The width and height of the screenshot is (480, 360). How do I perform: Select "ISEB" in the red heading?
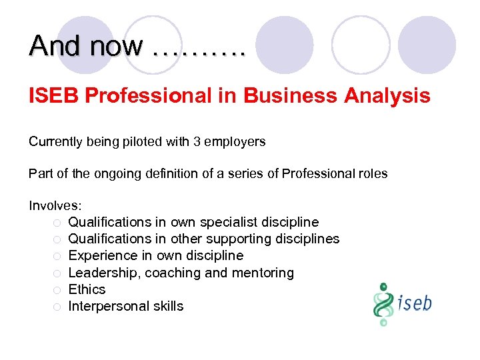53,96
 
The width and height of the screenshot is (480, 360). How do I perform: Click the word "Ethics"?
87,289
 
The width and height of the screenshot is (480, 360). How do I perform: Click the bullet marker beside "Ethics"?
57,290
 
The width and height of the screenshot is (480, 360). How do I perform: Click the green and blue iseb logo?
402,303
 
